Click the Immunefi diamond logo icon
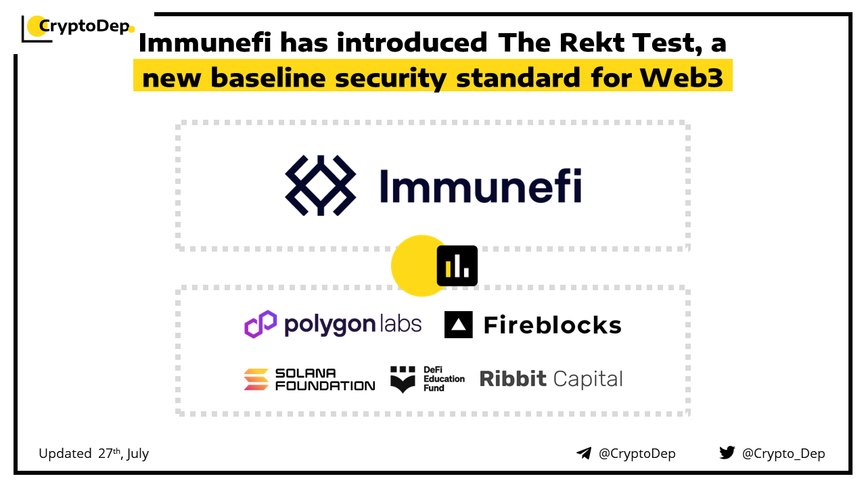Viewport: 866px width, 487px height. (x=321, y=185)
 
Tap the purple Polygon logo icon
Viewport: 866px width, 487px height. (x=260, y=324)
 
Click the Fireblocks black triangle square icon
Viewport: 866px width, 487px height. (x=458, y=325)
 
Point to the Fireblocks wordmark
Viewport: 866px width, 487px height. (x=552, y=325)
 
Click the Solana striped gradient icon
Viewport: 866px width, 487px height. (x=256, y=379)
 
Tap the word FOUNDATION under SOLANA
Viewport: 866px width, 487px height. (x=325, y=386)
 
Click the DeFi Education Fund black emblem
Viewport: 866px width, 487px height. (x=403, y=379)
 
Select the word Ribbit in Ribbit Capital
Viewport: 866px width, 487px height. (x=512, y=379)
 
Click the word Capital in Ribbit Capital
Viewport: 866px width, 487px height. (x=587, y=379)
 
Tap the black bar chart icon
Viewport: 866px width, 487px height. (x=457, y=265)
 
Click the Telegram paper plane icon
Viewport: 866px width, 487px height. (x=584, y=453)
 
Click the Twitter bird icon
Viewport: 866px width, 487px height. (x=727, y=453)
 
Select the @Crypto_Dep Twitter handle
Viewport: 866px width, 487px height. (x=783, y=453)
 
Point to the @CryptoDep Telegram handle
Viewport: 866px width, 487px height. (x=637, y=453)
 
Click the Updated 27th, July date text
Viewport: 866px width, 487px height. (x=93, y=453)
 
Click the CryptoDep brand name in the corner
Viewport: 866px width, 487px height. (x=83, y=26)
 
